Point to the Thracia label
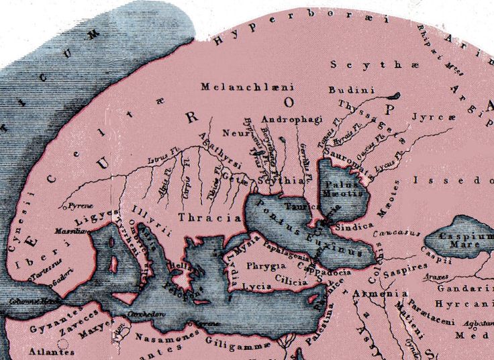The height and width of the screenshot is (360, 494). click(209, 218)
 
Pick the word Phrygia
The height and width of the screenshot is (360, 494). click(266, 266)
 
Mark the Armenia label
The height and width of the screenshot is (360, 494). click(385, 294)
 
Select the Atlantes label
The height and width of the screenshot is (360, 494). click(51, 351)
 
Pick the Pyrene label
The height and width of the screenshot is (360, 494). click(80, 205)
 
